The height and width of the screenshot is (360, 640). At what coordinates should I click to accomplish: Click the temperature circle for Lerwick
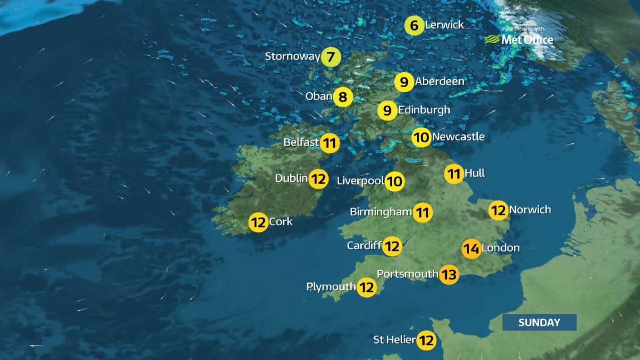[414, 25]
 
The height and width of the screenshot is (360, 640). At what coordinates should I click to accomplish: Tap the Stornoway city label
[293, 57]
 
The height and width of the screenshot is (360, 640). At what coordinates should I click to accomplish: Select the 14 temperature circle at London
[471, 249]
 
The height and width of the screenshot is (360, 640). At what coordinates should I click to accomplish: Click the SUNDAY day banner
[539, 322]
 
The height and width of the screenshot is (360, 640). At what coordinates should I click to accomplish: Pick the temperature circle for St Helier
[426, 340]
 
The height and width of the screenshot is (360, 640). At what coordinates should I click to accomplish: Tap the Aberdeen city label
[440, 81]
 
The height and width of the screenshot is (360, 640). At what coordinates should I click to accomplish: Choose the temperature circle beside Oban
[343, 97]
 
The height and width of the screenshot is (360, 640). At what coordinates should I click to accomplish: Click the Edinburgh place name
[424, 110]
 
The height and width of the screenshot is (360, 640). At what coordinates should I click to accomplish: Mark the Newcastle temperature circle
[422, 137]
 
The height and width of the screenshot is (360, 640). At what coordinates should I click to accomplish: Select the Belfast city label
[301, 143]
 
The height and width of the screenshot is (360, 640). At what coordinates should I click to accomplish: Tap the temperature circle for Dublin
[319, 179]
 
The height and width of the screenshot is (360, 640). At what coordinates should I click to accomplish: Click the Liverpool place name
[360, 181]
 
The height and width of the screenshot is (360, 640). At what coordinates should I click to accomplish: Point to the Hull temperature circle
[454, 174]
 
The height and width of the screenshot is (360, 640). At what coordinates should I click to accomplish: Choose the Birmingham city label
[381, 212]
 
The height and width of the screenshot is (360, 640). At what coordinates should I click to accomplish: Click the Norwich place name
[530, 210]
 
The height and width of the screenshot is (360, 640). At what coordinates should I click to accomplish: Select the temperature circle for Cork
[258, 223]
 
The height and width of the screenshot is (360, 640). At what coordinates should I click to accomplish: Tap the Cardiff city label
[364, 246]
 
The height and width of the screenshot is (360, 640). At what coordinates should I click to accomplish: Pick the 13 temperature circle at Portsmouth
[449, 275]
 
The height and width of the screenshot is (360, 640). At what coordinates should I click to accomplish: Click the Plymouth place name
[331, 287]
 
